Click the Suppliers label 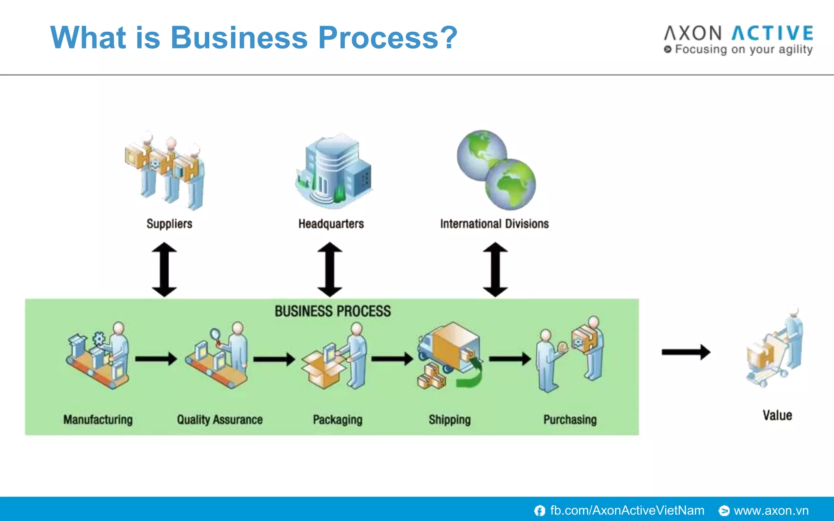[x=169, y=223]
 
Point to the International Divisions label [x=494, y=223]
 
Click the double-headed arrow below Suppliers [x=164, y=269]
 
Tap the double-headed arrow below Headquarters [x=329, y=269]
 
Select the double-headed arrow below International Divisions [x=495, y=269]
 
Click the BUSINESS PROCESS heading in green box [x=332, y=311]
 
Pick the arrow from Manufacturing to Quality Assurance [x=156, y=359]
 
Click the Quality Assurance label [x=219, y=420]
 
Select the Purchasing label [x=570, y=420]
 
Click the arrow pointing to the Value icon [x=686, y=352]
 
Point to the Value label [x=777, y=415]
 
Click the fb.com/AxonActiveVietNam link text [x=627, y=510]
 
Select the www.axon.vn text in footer [x=771, y=510]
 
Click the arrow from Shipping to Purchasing [x=509, y=359]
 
